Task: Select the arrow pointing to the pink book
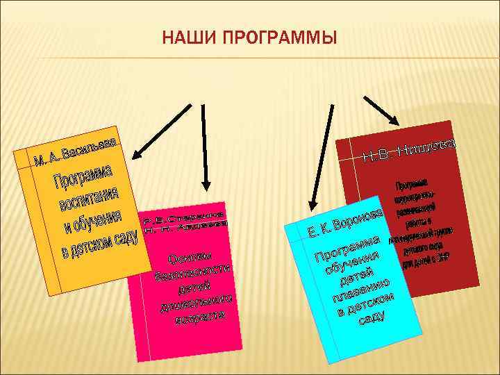point(204,146)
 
